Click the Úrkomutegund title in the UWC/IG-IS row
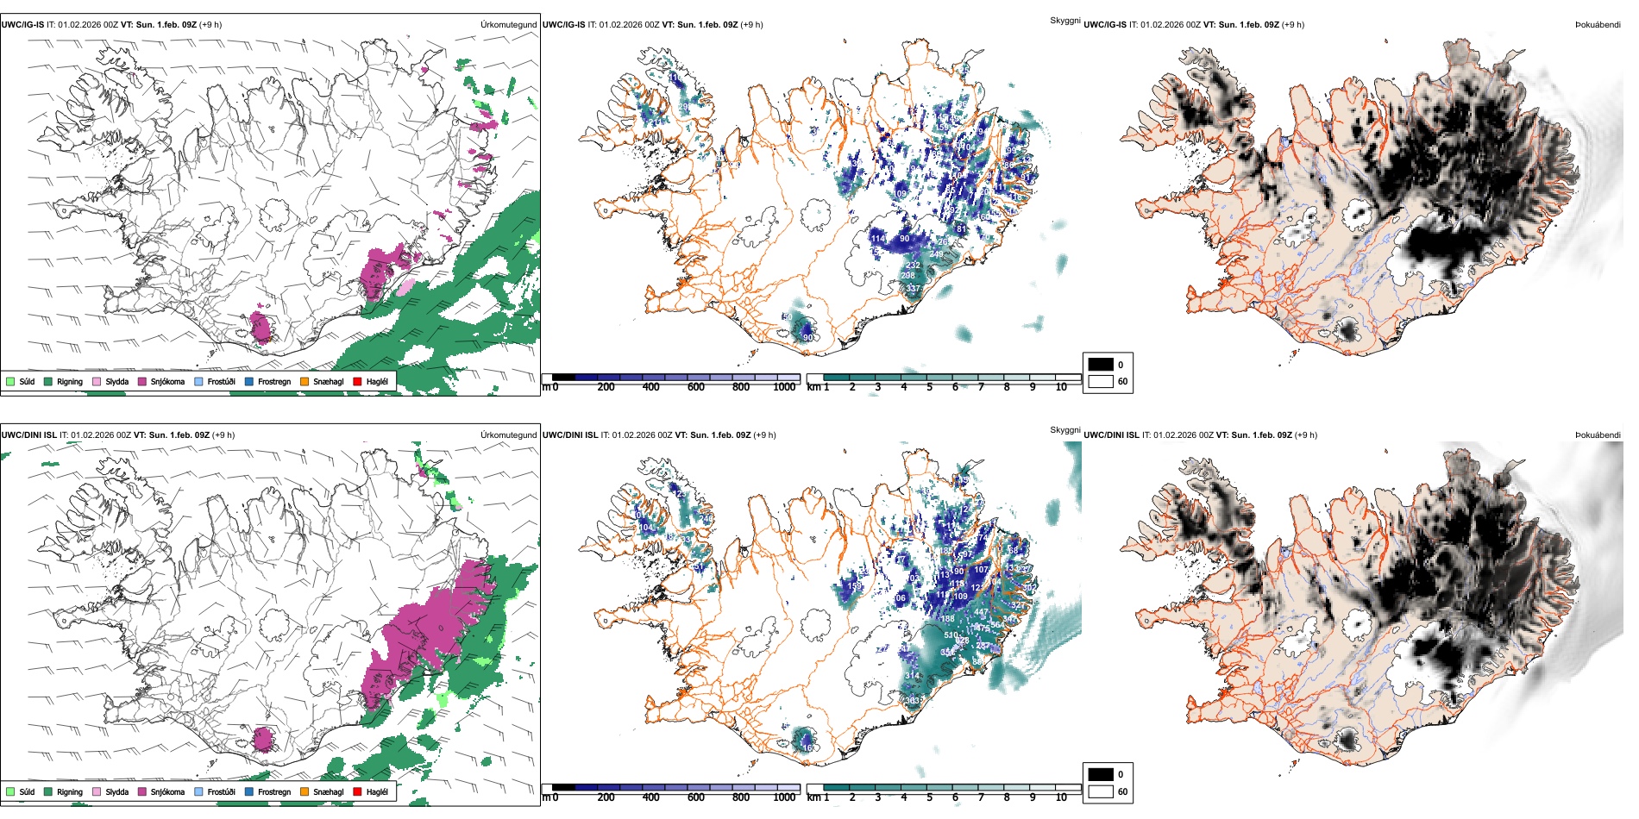tap(508, 25)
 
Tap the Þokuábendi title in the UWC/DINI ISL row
tap(1598, 435)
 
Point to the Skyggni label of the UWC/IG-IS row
tap(1064, 20)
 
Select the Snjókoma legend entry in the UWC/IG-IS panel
tap(167, 382)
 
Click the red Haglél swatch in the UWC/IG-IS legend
tap(357, 382)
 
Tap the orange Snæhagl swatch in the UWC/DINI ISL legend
tap(305, 792)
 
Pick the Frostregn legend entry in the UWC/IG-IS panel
tap(273, 382)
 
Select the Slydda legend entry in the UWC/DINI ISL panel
tap(116, 792)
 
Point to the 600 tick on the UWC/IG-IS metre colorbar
tap(696, 388)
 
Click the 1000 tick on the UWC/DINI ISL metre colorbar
tap(784, 798)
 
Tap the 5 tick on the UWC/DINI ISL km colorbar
tap(930, 798)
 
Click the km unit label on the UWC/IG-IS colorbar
tap(813, 388)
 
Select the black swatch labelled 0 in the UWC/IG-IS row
tap(1101, 365)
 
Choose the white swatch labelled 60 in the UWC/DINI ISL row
tap(1101, 791)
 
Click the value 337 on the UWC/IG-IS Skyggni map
tap(914, 289)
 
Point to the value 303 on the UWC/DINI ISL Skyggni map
tap(913, 701)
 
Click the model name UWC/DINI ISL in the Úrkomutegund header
tap(28, 435)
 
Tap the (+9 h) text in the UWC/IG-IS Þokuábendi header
tap(1292, 25)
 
